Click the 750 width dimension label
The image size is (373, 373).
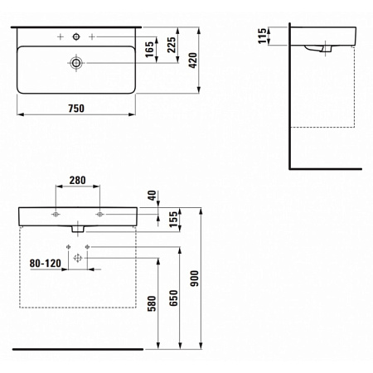(x=76, y=109)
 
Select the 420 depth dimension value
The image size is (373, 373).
(x=193, y=61)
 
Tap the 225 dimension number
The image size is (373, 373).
(x=172, y=45)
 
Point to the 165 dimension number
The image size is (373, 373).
(x=149, y=50)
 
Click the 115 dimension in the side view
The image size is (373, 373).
(x=262, y=36)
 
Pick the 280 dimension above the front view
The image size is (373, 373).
(x=77, y=181)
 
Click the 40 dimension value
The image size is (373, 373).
(x=152, y=196)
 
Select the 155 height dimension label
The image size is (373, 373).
(x=174, y=220)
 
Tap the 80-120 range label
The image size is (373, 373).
(x=46, y=264)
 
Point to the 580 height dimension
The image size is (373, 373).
(x=152, y=303)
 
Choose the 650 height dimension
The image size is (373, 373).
(x=173, y=298)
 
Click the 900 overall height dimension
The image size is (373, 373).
(x=195, y=279)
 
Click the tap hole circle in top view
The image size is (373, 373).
(x=76, y=36)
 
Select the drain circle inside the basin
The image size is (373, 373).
(x=76, y=63)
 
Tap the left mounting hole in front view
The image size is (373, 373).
(x=56, y=214)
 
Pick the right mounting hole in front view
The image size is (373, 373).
(x=99, y=214)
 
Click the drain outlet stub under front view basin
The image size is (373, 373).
(x=78, y=229)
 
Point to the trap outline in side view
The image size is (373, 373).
(x=317, y=49)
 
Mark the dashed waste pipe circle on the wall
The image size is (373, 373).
(x=78, y=258)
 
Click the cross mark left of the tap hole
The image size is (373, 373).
(x=61, y=36)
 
